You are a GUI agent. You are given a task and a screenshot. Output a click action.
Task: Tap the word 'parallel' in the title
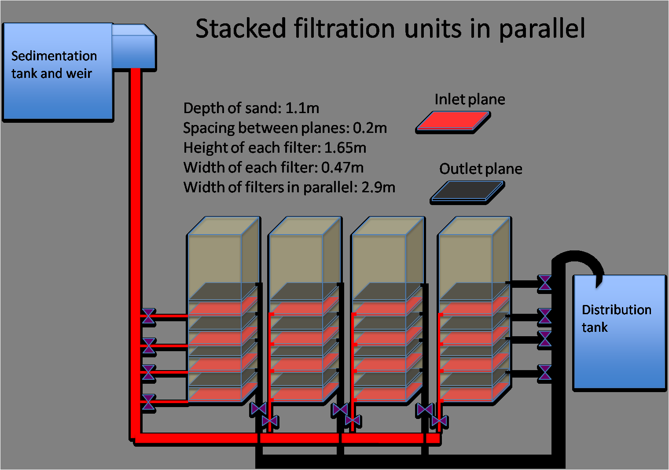point(542,29)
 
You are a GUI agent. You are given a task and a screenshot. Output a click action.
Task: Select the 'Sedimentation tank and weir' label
point(54,65)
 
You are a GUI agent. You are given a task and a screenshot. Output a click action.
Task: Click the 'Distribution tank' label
point(617,318)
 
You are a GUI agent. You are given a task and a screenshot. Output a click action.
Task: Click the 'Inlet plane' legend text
point(470,99)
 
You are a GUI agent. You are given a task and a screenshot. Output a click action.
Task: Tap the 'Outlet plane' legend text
point(481,169)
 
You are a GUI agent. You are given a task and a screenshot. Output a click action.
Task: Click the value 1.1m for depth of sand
point(302,108)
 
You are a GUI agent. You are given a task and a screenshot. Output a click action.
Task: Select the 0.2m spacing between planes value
point(370,128)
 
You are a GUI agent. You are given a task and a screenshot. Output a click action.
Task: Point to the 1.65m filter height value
point(345,148)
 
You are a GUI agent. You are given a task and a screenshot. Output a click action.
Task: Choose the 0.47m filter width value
point(342,168)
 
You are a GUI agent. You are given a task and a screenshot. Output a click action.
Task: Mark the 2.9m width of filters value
point(378,187)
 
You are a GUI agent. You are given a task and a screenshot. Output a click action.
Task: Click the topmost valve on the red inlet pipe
point(148,316)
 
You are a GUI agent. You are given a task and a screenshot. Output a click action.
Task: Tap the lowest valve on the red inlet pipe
point(148,402)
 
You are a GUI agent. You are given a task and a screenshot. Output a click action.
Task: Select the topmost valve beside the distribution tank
point(545,283)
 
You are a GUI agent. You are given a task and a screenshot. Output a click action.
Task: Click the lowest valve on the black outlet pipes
point(545,372)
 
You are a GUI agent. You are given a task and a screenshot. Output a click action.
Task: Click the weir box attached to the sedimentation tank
point(133,47)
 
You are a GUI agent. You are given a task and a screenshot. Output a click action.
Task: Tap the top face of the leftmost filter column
point(224,226)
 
